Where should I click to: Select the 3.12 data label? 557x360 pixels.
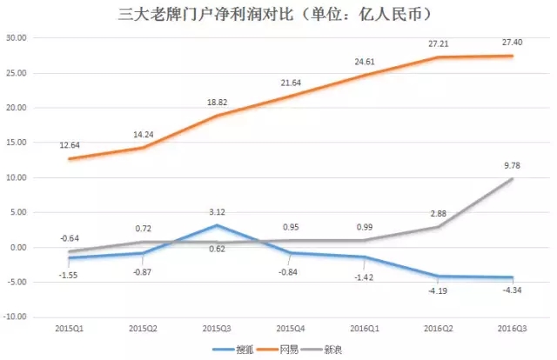(x=217, y=210)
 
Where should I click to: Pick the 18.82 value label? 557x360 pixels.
(x=215, y=101)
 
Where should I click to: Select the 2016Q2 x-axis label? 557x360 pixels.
(x=438, y=329)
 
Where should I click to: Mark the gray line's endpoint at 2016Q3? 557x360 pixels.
(x=511, y=179)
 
